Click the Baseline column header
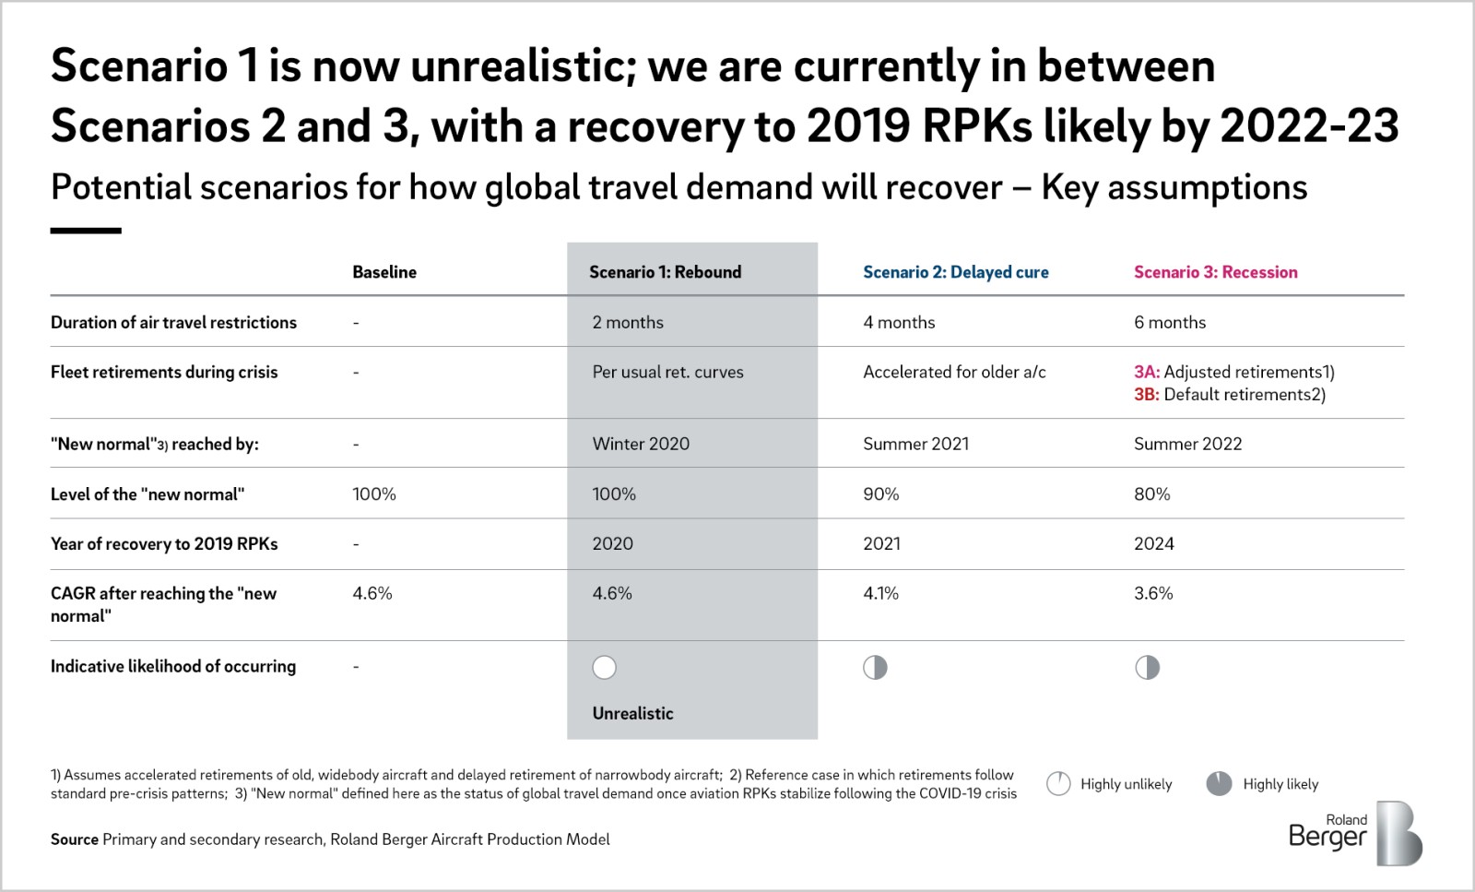pyautogui.click(x=384, y=272)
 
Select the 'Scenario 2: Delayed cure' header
pyautogui.click(x=955, y=272)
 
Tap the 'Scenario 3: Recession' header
pyautogui.click(x=1216, y=272)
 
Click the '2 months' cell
pyautogui.click(x=628, y=322)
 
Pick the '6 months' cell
pyautogui.click(x=1170, y=322)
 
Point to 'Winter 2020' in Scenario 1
pyautogui.click(x=641, y=444)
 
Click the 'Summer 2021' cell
pyautogui.click(x=916, y=444)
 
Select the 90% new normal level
pyautogui.click(x=881, y=494)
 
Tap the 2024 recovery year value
pyautogui.click(x=1153, y=543)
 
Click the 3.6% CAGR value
pyautogui.click(x=1153, y=593)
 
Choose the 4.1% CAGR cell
pyautogui.click(x=880, y=593)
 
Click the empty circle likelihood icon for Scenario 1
pyautogui.click(x=604, y=667)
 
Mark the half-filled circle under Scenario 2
pyautogui.click(x=875, y=667)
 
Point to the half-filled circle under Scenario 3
pyautogui.click(x=1147, y=667)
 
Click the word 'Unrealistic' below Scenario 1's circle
pyautogui.click(x=632, y=713)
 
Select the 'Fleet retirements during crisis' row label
pyautogui.click(x=164, y=373)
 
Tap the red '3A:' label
pyautogui.click(x=1147, y=373)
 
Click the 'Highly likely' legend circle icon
pyautogui.click(x=1219, y=783)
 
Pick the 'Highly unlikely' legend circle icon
pyautogui.click(x=1058, y=783)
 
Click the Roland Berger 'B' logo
pyautogui.click(x=1398, y=833)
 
